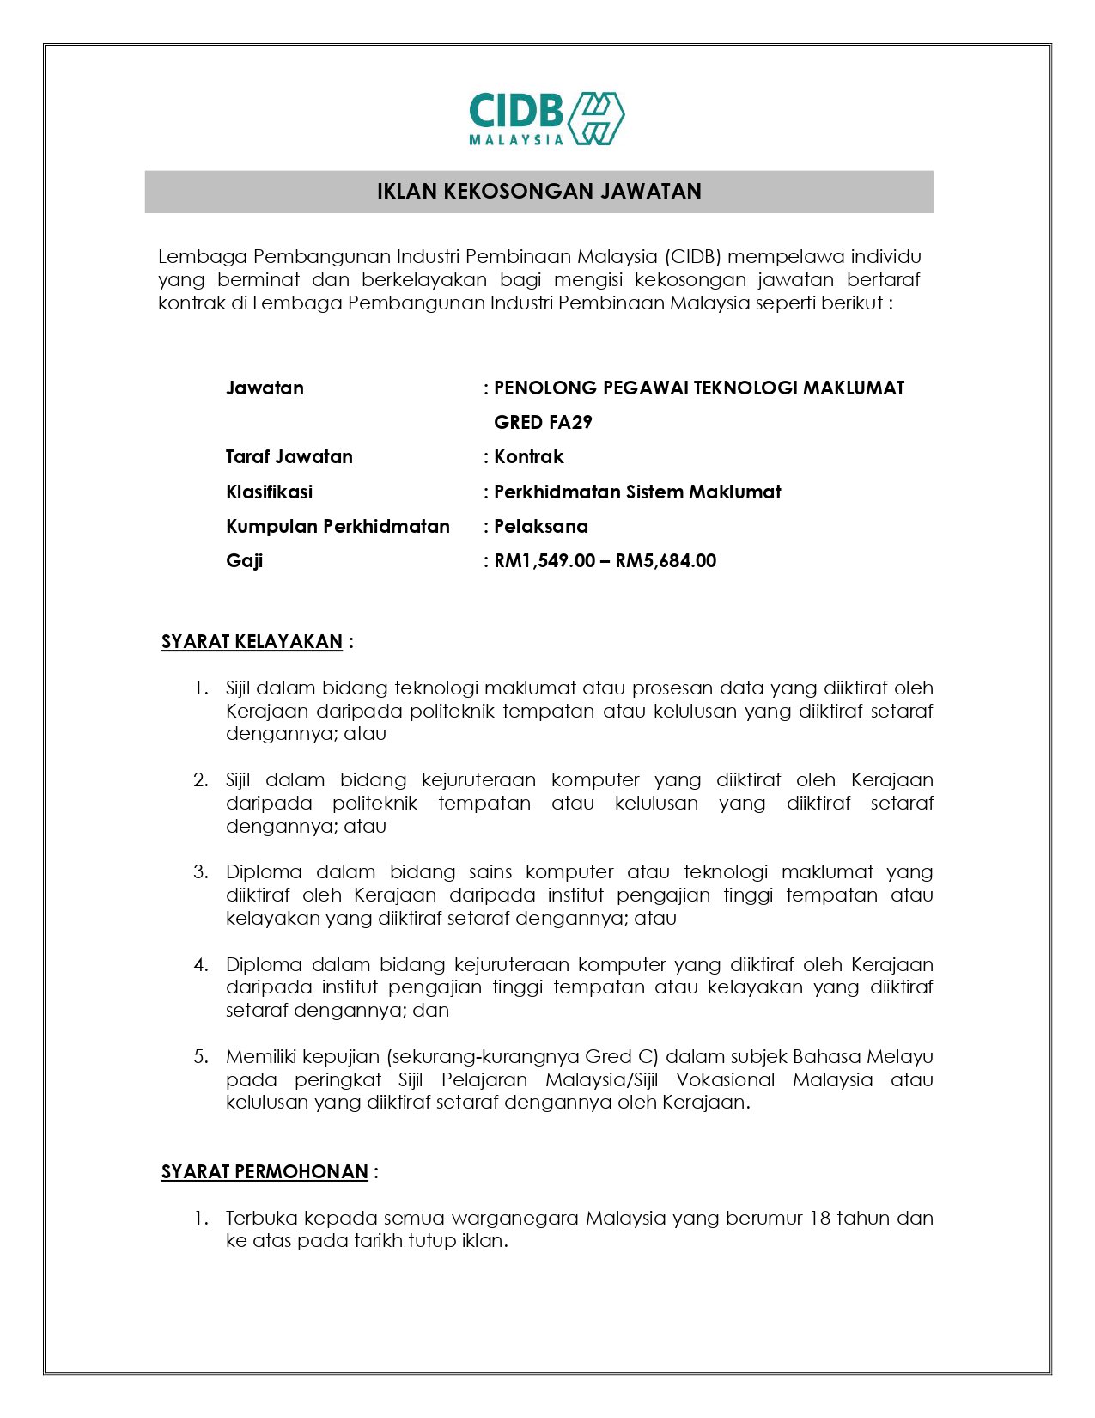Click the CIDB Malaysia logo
(x=546, y=119)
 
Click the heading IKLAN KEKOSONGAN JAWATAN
(x=538, y=191)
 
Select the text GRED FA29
(x=543, y=422)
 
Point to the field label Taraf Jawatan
(x=289, y=456)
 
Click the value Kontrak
(x=528, y=456)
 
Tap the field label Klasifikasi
(x=269, y=492)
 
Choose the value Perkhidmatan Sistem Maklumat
(x=637, y=492)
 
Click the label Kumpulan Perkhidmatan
(x=338, y=526)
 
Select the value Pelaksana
(x=540, y=526)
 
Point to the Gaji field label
(x=244, y=560)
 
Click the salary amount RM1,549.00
(x=544, y=560)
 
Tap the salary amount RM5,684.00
(x=666, y=560)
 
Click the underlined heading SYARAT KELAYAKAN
(x=252, y=641)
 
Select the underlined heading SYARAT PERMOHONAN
(x=265, y=1171)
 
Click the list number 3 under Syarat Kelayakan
(x=200, y=872)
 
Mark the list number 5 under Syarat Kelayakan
(x=200, y=1056)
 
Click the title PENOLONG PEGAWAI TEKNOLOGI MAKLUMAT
(x=699, y=388)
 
